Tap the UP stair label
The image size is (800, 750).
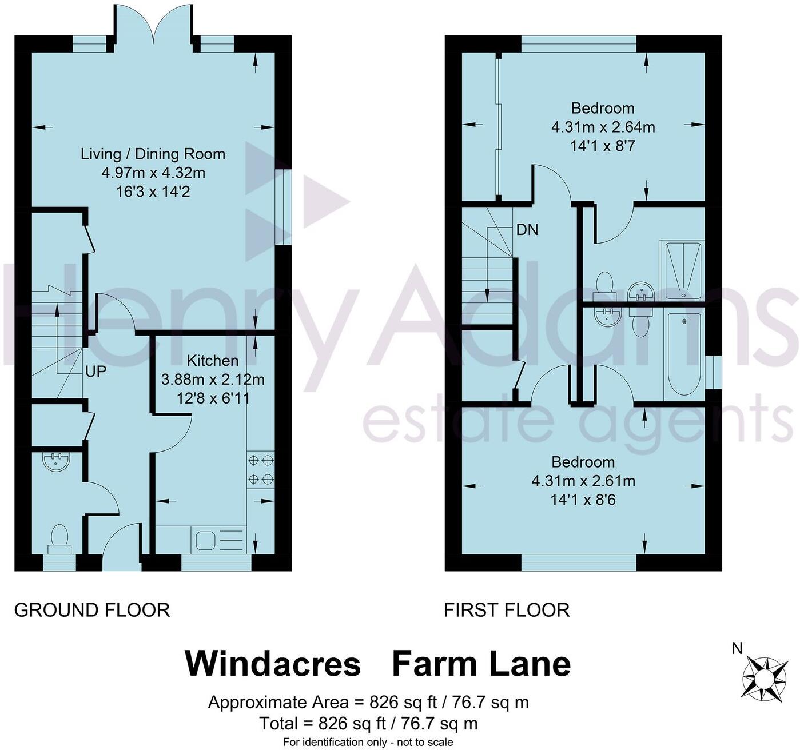pos(95,372)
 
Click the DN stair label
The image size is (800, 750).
pos(527,230)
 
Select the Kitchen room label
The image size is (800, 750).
pos(213,361)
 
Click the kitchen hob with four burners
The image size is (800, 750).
pos(260,469)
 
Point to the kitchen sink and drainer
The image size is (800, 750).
pos(220,540)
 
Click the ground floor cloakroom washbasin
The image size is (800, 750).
pos(56,461)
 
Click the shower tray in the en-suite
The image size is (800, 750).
pos(682,270)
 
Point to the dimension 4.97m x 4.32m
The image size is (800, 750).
pos(153,173)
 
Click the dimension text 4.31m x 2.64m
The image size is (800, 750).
pos(603,127)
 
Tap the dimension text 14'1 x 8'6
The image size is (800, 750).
pos(583,500)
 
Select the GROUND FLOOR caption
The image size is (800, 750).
pos(92,610)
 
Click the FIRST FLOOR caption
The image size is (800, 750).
pos(507,610)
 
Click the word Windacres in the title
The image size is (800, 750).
pos(273,664)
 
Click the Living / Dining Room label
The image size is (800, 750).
pos(153,154)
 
